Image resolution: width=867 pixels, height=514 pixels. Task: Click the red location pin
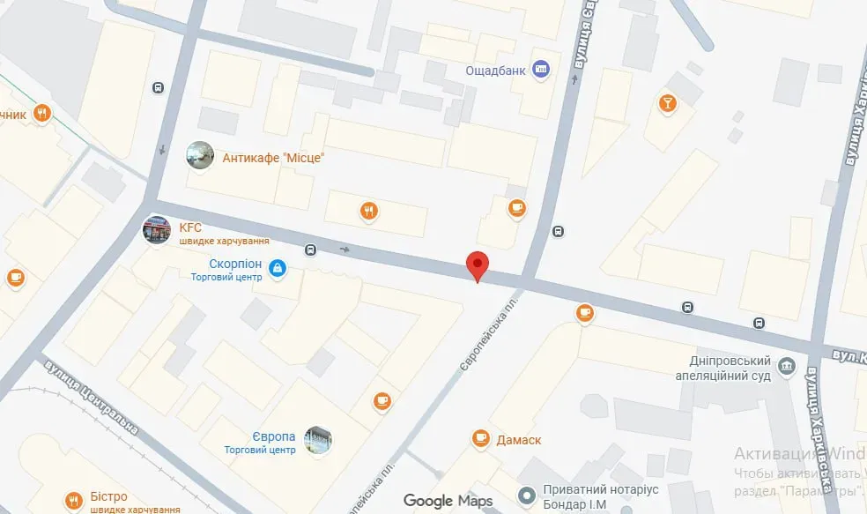tap(477, 265)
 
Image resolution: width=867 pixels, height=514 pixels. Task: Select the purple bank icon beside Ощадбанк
tap(542, 70)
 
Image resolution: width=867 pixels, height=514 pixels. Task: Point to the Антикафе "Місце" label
tap(274, 158)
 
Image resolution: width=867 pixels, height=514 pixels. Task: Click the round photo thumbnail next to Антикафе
tap(200, 155)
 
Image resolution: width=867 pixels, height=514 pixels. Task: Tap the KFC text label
tap(190, 227)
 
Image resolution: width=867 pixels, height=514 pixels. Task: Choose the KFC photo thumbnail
tap(157, 230)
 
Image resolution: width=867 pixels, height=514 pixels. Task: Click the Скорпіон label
tap(235, 264)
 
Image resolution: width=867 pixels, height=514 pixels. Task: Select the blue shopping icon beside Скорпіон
tap(278, 267)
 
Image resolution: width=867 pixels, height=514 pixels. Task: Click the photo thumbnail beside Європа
tap(318, 440)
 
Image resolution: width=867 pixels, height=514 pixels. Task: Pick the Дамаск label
tap(518, 439)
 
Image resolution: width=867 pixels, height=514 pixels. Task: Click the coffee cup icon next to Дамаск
tap(480, 437)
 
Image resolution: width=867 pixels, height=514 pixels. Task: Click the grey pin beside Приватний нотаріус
tap(527, 495)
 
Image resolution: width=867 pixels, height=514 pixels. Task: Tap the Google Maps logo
tap(448, 501)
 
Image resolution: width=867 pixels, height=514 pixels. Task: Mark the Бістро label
tap(109, 496)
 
